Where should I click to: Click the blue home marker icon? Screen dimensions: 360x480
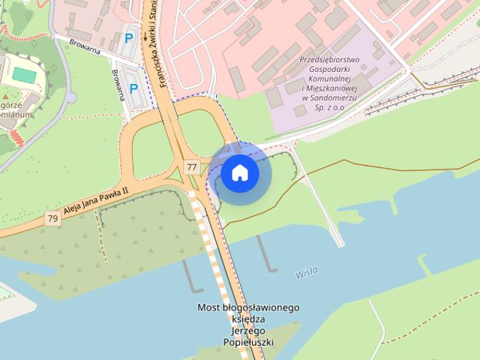240,173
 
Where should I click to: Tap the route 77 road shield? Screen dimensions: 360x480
193,166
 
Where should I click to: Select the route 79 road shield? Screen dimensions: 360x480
52,218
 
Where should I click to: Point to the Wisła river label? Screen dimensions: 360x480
307,272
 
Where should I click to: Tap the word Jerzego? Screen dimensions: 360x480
248,331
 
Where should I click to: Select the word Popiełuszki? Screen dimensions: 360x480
248,342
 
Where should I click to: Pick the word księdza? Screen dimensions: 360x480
248,319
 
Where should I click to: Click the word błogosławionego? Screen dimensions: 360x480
260,307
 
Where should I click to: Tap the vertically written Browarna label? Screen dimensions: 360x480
117,85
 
